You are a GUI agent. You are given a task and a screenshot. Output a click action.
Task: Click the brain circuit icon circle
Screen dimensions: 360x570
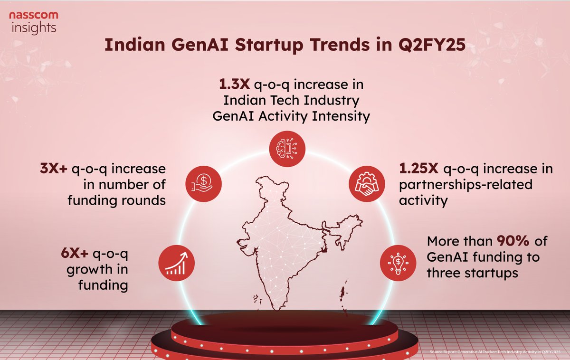[287, 148]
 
